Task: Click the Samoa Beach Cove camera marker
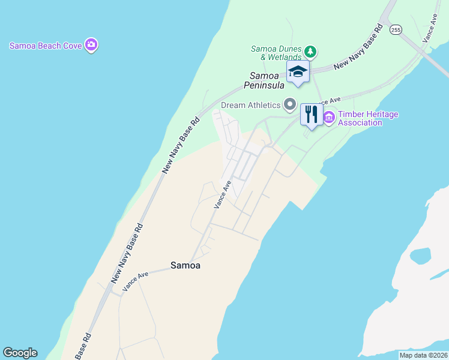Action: [91, 44]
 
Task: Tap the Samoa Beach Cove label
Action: [46, 46]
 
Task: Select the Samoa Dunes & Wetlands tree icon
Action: [310, 50]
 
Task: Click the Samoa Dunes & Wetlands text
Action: [277, 53]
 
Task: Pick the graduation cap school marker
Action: [298, 72]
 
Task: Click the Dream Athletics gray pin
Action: [290, 105]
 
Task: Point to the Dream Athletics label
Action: [251, 106]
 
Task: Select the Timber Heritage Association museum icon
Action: [329, 117]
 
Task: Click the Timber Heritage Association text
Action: [369, 118]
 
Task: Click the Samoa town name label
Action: [185, 265]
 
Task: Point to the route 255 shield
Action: [395, 29]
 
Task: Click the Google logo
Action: [20, 353]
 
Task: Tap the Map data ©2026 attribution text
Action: [424, 355]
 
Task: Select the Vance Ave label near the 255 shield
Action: [430, 28]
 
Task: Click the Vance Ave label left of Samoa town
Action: [136, 281]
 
